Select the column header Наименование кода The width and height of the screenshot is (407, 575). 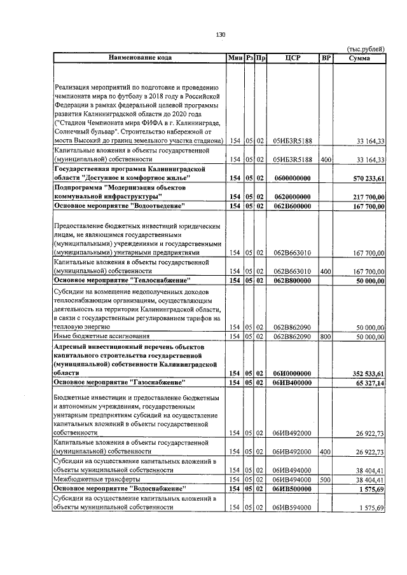pos(140,58)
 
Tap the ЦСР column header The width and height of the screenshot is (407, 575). pos(293,58)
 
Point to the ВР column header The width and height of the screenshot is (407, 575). pos(326,58)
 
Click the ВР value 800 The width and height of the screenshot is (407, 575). pos(326,336)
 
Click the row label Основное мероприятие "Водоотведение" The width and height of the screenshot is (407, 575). pos(120,206)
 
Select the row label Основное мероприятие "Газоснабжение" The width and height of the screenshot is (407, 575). pos(120,384)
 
